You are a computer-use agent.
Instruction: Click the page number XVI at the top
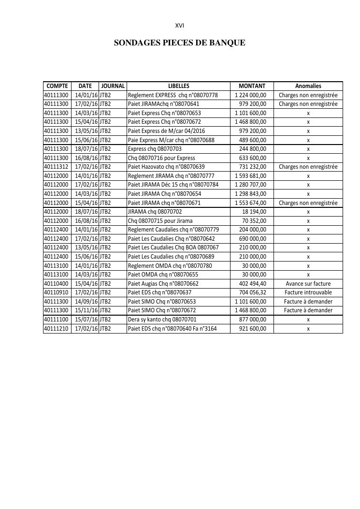179,26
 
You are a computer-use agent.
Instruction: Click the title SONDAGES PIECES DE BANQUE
179,43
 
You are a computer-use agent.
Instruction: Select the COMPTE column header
57,86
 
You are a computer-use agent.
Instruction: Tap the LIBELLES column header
178,86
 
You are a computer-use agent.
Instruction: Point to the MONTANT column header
252,86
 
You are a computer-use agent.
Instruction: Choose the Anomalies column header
308,86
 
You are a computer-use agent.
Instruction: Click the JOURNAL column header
113,86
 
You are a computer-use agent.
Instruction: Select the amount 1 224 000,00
250,95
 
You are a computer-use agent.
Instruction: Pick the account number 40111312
57,167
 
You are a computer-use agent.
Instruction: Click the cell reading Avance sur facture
308,284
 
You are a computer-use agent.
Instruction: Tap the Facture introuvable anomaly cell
308,292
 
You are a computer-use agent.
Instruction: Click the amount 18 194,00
254,212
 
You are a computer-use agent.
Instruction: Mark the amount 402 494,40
253,284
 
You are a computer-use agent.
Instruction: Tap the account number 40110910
57,292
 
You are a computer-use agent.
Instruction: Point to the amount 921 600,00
253,329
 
